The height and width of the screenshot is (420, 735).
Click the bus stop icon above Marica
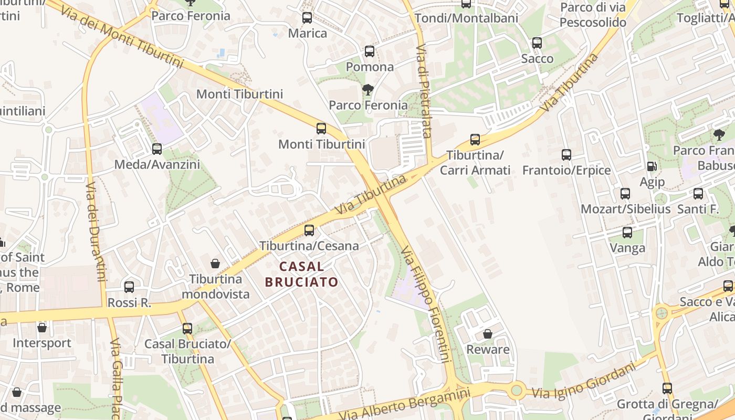307,18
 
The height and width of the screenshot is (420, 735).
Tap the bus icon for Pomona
370,51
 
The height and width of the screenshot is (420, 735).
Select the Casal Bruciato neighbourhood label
301,274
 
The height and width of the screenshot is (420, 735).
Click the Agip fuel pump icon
652,166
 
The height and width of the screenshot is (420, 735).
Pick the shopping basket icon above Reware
488,334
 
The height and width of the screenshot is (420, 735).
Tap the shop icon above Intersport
42,328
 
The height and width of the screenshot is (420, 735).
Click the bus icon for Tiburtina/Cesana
309,230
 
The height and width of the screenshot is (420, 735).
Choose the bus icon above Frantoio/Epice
566,155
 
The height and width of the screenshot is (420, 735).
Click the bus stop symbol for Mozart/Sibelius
625,193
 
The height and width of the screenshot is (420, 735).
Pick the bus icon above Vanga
627,232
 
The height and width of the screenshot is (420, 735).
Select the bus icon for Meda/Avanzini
157,149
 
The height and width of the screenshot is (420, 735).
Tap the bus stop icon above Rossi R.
129,287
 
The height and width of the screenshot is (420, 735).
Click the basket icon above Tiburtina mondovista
215,263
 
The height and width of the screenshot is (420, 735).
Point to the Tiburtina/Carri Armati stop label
475,163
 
